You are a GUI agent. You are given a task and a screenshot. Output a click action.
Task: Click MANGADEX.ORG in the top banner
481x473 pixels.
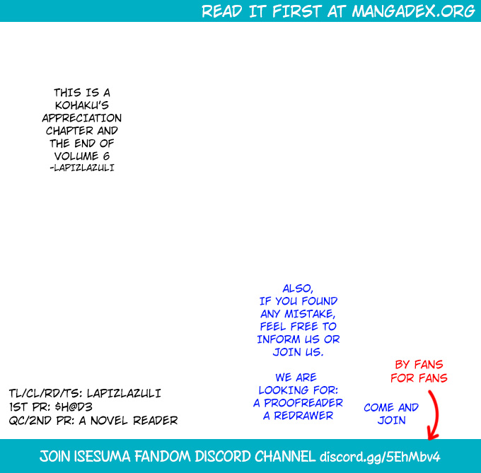pyautogui.click(x=413, y=11)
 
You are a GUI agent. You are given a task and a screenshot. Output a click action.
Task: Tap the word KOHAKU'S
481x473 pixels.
pyautogui.click(x=82, y=105)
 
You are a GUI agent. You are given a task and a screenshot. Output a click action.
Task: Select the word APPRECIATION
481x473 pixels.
pyautogui.click(x=82, y=118)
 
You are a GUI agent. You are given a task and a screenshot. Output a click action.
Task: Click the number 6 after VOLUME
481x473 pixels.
pyautogui.click(x=106, y=156)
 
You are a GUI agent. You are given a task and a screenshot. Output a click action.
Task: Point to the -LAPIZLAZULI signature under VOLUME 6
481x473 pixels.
pyautogui.click(x=82, y=168)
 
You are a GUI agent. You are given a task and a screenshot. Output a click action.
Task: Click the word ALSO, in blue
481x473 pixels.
pyautogui.click(x=298, y=288)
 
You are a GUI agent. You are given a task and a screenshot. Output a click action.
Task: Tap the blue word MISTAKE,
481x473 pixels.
pyautogui.click(x=310, y=314)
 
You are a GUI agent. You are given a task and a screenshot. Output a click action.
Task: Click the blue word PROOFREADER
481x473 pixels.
pyautogui.click(x=303, y=402)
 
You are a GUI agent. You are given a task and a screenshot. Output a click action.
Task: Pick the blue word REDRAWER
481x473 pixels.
pyautogui.click(x=303, y=415)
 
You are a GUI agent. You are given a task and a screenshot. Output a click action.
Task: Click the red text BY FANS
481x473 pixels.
pyautogui.click(x=419, y=364)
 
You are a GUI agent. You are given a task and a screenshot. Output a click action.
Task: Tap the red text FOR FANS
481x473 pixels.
pyautogui.click(x=419, y=378)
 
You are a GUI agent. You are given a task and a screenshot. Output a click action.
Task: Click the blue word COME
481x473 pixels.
pyautogui.click(x=379, y=407)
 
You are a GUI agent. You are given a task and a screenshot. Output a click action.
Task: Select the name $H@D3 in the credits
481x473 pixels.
pyautogui.click(x=74, y=407)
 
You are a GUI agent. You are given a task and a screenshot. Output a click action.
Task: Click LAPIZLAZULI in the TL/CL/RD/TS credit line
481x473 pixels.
pyautogui.click(x=124, y=393)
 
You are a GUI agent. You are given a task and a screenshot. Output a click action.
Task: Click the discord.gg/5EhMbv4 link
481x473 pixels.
pyautogui.click(x=380, y=457)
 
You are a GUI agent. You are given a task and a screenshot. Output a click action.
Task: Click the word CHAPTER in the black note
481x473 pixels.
pyautogui.click(x=69, y=131)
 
